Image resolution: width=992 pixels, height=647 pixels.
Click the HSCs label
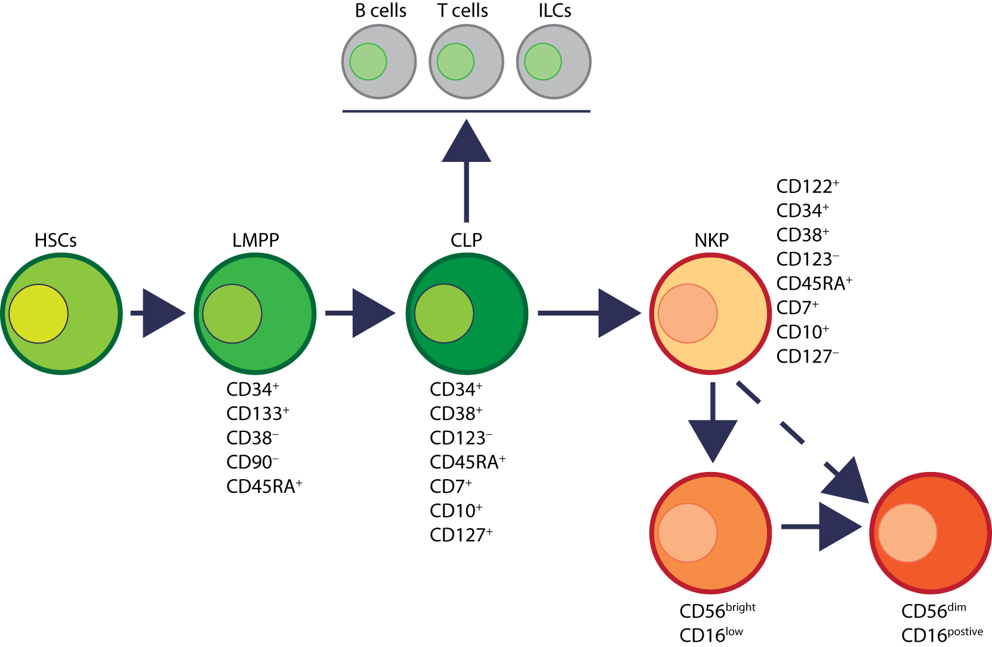pyautogui.click(x=56, y=240)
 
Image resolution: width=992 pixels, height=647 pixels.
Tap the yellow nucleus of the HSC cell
pyautogui.click(x=38, y=314)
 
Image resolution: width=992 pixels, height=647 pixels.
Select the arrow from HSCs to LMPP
pyautogui.click(x=159, y=313)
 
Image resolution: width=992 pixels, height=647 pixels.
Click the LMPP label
pyautogui.click(x=255, y=240)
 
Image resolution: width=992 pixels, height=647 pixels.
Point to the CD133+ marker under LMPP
pyautogui.click(x=258, y=413)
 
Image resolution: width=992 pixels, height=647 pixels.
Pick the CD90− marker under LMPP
pyautogui.click(x=252, y=462)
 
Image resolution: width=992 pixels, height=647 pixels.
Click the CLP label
pyautogui.click(x=466, y=240)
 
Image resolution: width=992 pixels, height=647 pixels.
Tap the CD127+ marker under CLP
pyautogui.click(x=461, y=535)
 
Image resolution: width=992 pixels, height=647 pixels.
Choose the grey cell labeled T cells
pyautogui.click(x=466, y=62)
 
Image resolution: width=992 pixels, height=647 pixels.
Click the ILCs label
pyautogui.click(x=554, y=11)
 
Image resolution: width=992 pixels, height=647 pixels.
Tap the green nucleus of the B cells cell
pyautogui.click(x=368, y=62)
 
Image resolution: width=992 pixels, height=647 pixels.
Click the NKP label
pyautogui.click(x=711, y=240)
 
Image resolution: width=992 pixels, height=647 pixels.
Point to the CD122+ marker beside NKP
pyautogui.click(x=808, y=186)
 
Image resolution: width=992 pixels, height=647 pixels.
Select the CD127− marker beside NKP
pyautogui.click(x=808, y=357)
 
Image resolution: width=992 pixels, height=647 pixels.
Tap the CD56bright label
pyautogui.click(x=717, y=611)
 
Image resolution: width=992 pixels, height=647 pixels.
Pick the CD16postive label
pyautogui.click(x=942, y=634)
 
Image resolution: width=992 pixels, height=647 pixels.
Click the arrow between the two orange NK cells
pyautogui.click(x=822, y=526)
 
